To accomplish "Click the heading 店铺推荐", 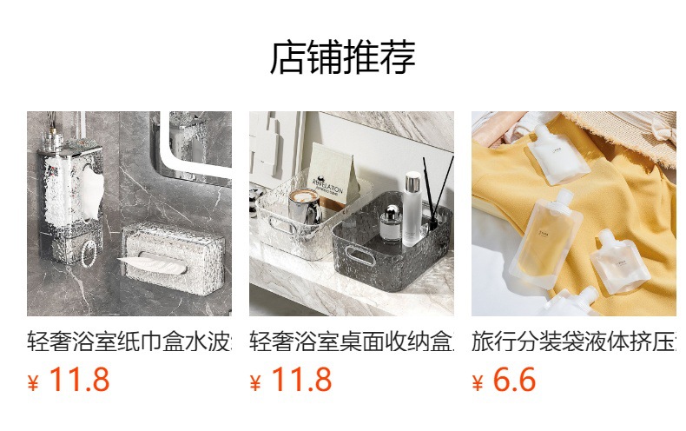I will (x=342, y=57).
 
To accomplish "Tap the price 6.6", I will (x=514, y=381).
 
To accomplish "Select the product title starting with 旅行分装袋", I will (x=573, y=341).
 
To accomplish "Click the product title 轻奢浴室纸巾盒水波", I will (x=129, y=341).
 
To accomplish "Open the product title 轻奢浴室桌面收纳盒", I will (x=351, y=341).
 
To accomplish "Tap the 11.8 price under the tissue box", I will (x=79, y=381).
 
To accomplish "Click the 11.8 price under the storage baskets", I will (x=301, y=381).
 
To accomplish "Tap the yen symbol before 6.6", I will (x=478, y=383).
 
